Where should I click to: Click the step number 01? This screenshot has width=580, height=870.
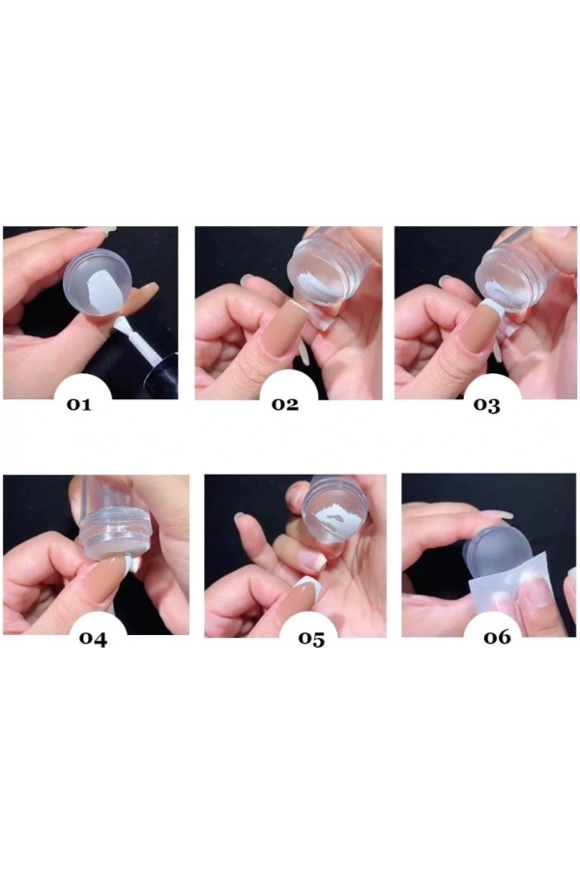click(79, 404)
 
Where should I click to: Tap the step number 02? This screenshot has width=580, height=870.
click(285, 404)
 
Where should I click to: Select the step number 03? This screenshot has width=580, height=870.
click(487, 405)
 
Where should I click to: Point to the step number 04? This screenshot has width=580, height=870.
click(93, 639)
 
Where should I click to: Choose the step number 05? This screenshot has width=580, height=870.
click(311, 639)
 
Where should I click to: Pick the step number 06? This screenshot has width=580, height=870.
click(497, 637)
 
